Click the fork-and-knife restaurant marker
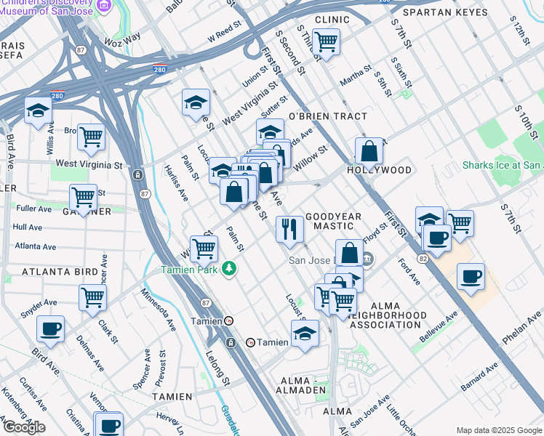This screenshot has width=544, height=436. [289, 230]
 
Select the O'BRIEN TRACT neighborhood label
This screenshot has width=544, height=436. [328, 116]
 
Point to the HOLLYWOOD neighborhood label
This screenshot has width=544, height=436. [379, 170]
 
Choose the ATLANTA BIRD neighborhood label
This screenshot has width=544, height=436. [60, 272]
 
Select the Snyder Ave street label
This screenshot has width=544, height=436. [39, 302]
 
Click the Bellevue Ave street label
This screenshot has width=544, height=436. [439, 328]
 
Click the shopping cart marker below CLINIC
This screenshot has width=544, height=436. [326, 42]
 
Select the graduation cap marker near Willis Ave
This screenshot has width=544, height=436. [38, 110]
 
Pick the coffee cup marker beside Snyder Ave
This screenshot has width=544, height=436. [50, 328]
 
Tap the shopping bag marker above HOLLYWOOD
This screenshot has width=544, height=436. [369, 152]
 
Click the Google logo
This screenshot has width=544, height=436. [23, 427]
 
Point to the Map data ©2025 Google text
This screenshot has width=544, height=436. [498, 430]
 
